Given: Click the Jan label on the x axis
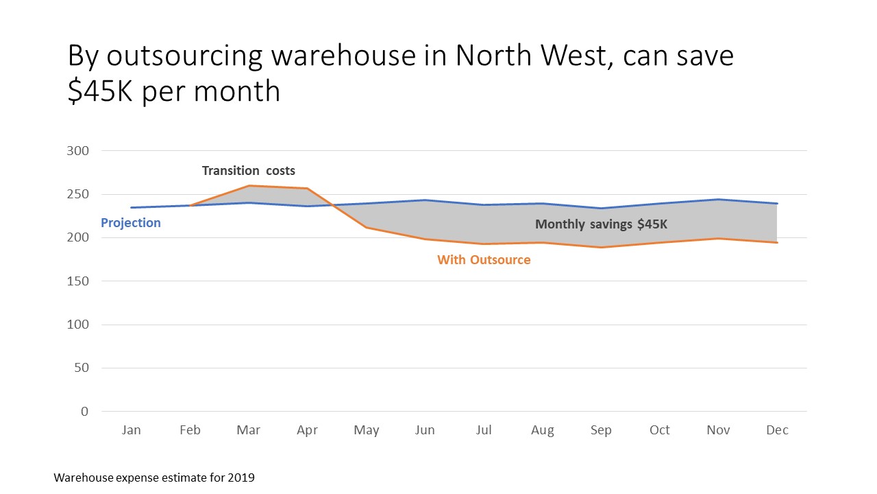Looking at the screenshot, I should (131, 430).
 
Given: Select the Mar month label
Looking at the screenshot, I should (248, 430).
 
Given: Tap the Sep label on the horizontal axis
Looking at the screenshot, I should (601, 430).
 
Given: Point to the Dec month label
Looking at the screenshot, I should (777, 430).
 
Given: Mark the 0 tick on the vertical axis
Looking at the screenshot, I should (84, 412).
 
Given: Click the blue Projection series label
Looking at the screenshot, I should (131, 223).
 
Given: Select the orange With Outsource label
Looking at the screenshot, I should (484, 260).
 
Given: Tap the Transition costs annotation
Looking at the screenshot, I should (248, 171).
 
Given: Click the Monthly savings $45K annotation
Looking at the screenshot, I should (602, 224).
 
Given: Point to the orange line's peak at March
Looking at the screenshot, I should (249, 186).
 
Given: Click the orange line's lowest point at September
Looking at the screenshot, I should (601, 247).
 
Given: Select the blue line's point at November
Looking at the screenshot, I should (718, 200).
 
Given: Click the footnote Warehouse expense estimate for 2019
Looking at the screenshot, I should (154, 478).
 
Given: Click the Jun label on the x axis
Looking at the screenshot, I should (425, 430).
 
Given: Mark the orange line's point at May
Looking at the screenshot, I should (366, 227).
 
